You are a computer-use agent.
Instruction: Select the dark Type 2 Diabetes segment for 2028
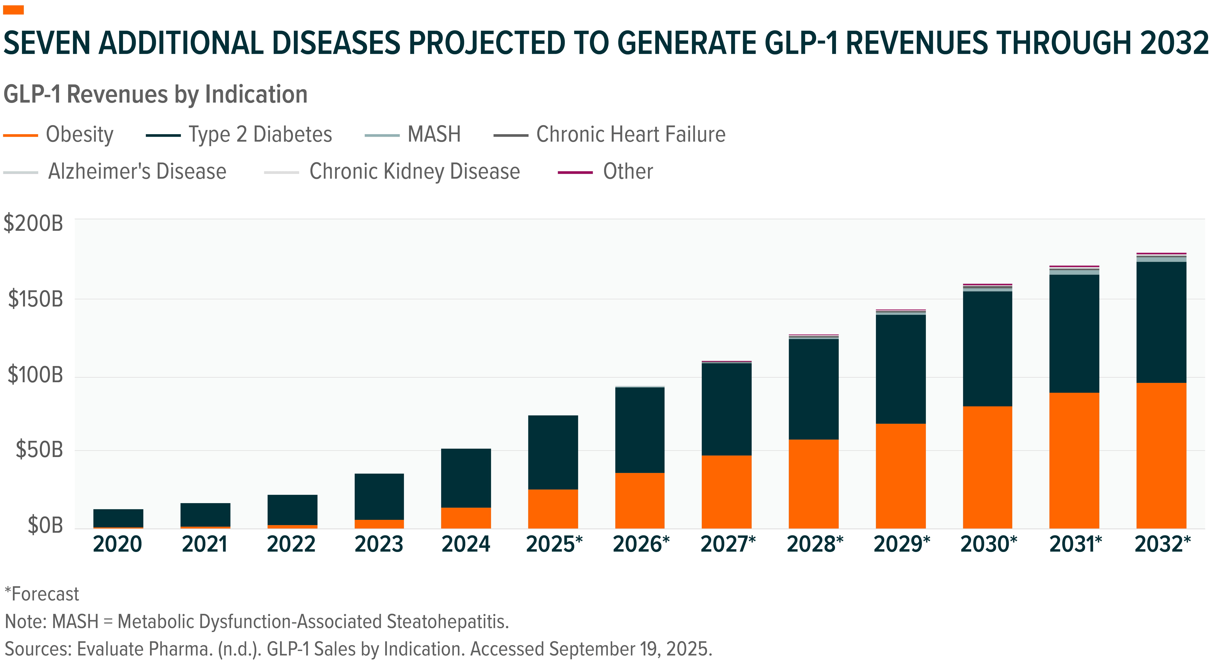tap(813, 389)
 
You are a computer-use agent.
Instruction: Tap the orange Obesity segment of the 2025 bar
tap(553, 509)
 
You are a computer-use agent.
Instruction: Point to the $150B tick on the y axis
tap(35, 299)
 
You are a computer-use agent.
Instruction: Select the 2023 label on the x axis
tap(379, 544)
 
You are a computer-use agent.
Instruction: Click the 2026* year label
tap(641, 544)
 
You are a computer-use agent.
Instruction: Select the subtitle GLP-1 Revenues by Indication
tap(155, 95)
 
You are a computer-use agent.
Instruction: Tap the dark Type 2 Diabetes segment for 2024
tap(466, 478)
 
